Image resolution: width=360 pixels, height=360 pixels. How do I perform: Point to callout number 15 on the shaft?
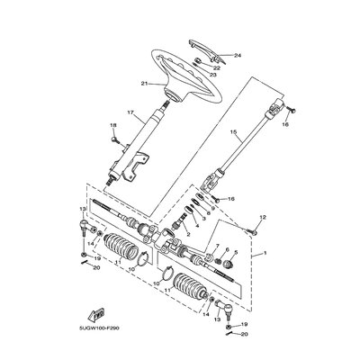(232, 132)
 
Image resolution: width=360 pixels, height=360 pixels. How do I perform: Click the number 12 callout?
(264, 217)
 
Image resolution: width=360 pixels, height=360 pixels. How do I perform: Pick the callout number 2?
(187, 235)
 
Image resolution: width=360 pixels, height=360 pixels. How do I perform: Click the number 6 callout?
(228, 254)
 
